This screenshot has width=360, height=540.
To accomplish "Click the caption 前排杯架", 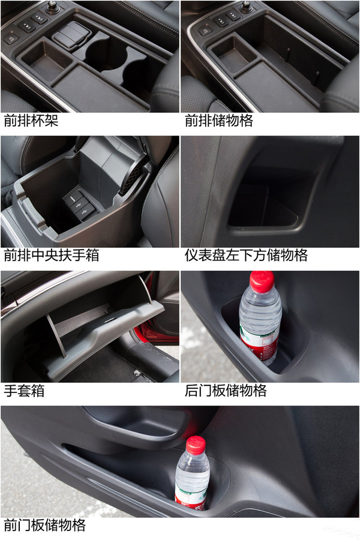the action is (31, 121).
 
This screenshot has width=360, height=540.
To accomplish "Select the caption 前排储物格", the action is (219, 121).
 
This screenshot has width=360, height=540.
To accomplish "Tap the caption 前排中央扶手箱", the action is (52, 256).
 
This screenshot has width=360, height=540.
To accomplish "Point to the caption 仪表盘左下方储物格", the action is (246, 256).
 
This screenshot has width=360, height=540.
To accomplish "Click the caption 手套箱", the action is (24, 391).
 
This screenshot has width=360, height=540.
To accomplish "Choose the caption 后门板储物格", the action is (226, 391).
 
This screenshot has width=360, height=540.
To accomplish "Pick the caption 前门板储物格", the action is (45, 526).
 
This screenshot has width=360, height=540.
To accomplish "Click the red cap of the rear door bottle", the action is (262, 281).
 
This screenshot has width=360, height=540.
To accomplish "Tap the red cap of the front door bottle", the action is (196, 445).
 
